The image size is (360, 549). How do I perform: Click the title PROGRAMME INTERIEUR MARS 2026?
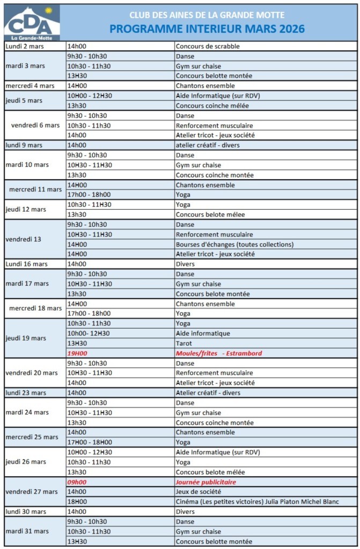click(x=207, y=29)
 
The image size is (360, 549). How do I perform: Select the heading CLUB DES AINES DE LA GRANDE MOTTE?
click(x=207, y=15)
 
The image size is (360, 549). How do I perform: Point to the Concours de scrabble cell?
click(x=208, y=46)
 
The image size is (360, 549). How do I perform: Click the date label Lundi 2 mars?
click(x=25, y=46)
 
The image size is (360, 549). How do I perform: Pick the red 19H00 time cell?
click(x=77, y=353)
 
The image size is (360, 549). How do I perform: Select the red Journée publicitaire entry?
click(x=206, y=482)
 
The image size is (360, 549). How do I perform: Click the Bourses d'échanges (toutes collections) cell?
click(x=234, y=244)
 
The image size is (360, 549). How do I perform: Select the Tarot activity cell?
click(x=184, y=343)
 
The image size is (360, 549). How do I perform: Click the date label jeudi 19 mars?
click(x=26, y=338)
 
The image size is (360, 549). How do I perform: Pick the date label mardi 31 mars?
click(x=27, y=531)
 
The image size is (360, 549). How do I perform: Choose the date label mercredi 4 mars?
click(x=30, y=86)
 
